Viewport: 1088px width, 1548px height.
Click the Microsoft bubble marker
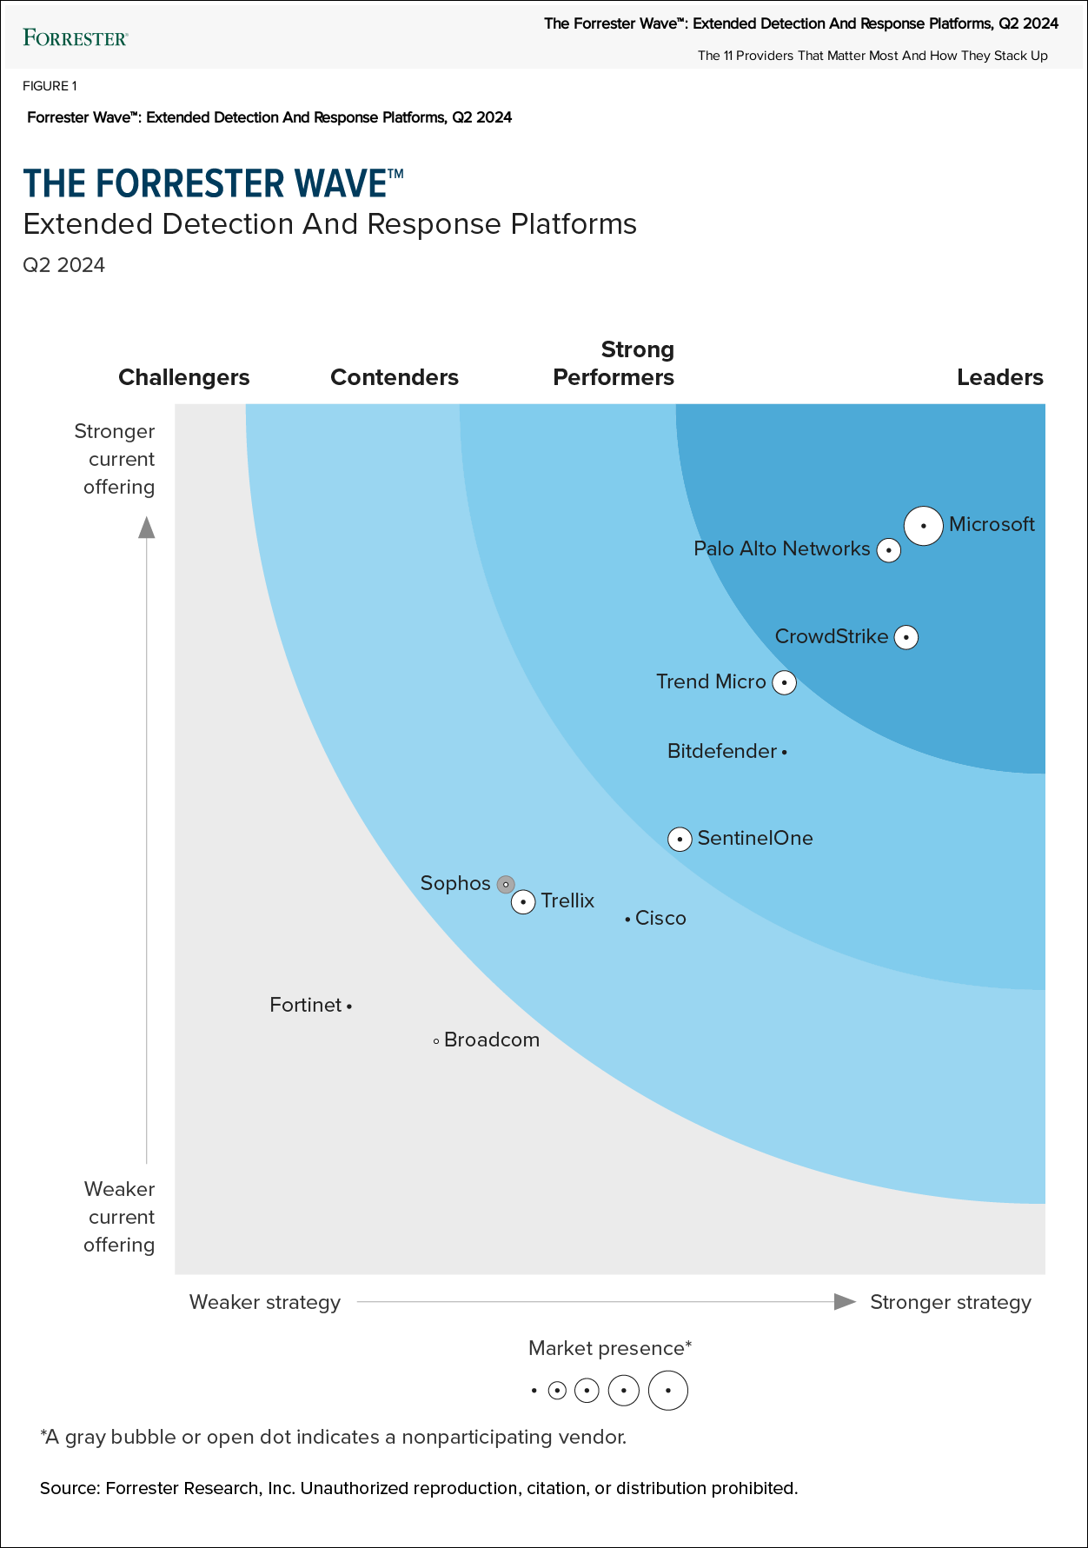click(924, 526)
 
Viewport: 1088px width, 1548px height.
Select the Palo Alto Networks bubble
click(888, 550)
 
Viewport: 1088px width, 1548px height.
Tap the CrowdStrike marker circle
click(906, 637)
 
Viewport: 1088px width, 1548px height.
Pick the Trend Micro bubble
click(785, 682)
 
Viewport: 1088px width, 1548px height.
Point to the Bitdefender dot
click(784, 752)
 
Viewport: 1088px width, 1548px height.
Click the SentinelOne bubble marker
click(680, 839)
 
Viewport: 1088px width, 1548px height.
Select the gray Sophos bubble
click(506, 885)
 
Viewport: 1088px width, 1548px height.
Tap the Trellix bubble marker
click(523, 902)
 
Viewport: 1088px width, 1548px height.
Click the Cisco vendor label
click(660, 919)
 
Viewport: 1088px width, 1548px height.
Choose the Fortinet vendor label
click(306, 1006)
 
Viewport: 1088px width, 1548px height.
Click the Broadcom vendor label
click(492, 1040)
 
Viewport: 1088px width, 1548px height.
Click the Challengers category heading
click(184, 377)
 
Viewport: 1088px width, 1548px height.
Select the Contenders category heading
click(395, 377)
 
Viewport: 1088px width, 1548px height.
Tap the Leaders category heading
click(999, 377)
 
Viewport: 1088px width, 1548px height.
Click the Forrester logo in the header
click(76, 37)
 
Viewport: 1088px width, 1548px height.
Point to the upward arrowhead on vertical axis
click(147, 528)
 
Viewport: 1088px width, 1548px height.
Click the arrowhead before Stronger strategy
click(845, 1301)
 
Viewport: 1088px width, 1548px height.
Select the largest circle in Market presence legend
click(668, 1391)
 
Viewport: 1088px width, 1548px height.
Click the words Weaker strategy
click(265, 1302)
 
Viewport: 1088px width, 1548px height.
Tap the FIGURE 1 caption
click(50, 86)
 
